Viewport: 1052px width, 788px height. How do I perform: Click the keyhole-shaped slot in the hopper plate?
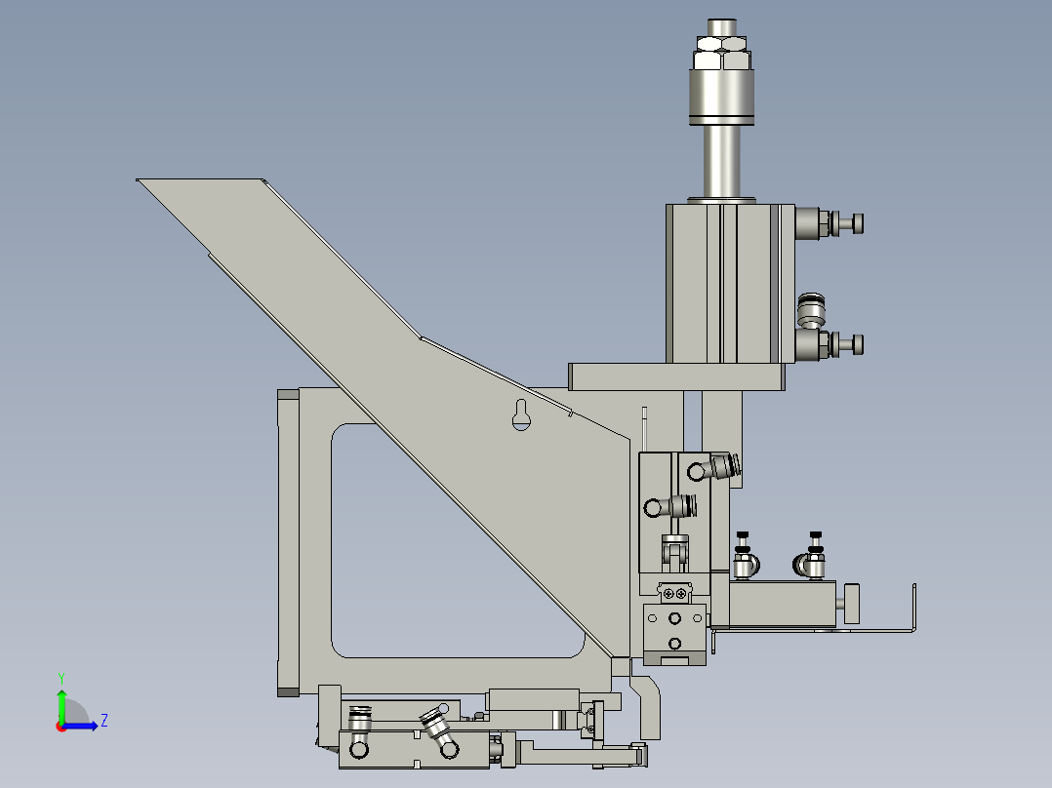point(520,414)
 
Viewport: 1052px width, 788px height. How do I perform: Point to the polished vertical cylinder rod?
point(722,161)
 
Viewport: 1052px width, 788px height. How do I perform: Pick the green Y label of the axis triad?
point(61,677)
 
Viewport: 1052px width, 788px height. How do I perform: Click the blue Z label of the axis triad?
point(103,721)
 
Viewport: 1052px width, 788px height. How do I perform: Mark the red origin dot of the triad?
point(61,726)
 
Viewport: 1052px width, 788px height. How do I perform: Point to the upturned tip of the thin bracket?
point(913,590)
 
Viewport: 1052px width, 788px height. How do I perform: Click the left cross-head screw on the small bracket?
point(668,591)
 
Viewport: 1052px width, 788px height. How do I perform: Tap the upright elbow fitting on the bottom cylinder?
point(360,731)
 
